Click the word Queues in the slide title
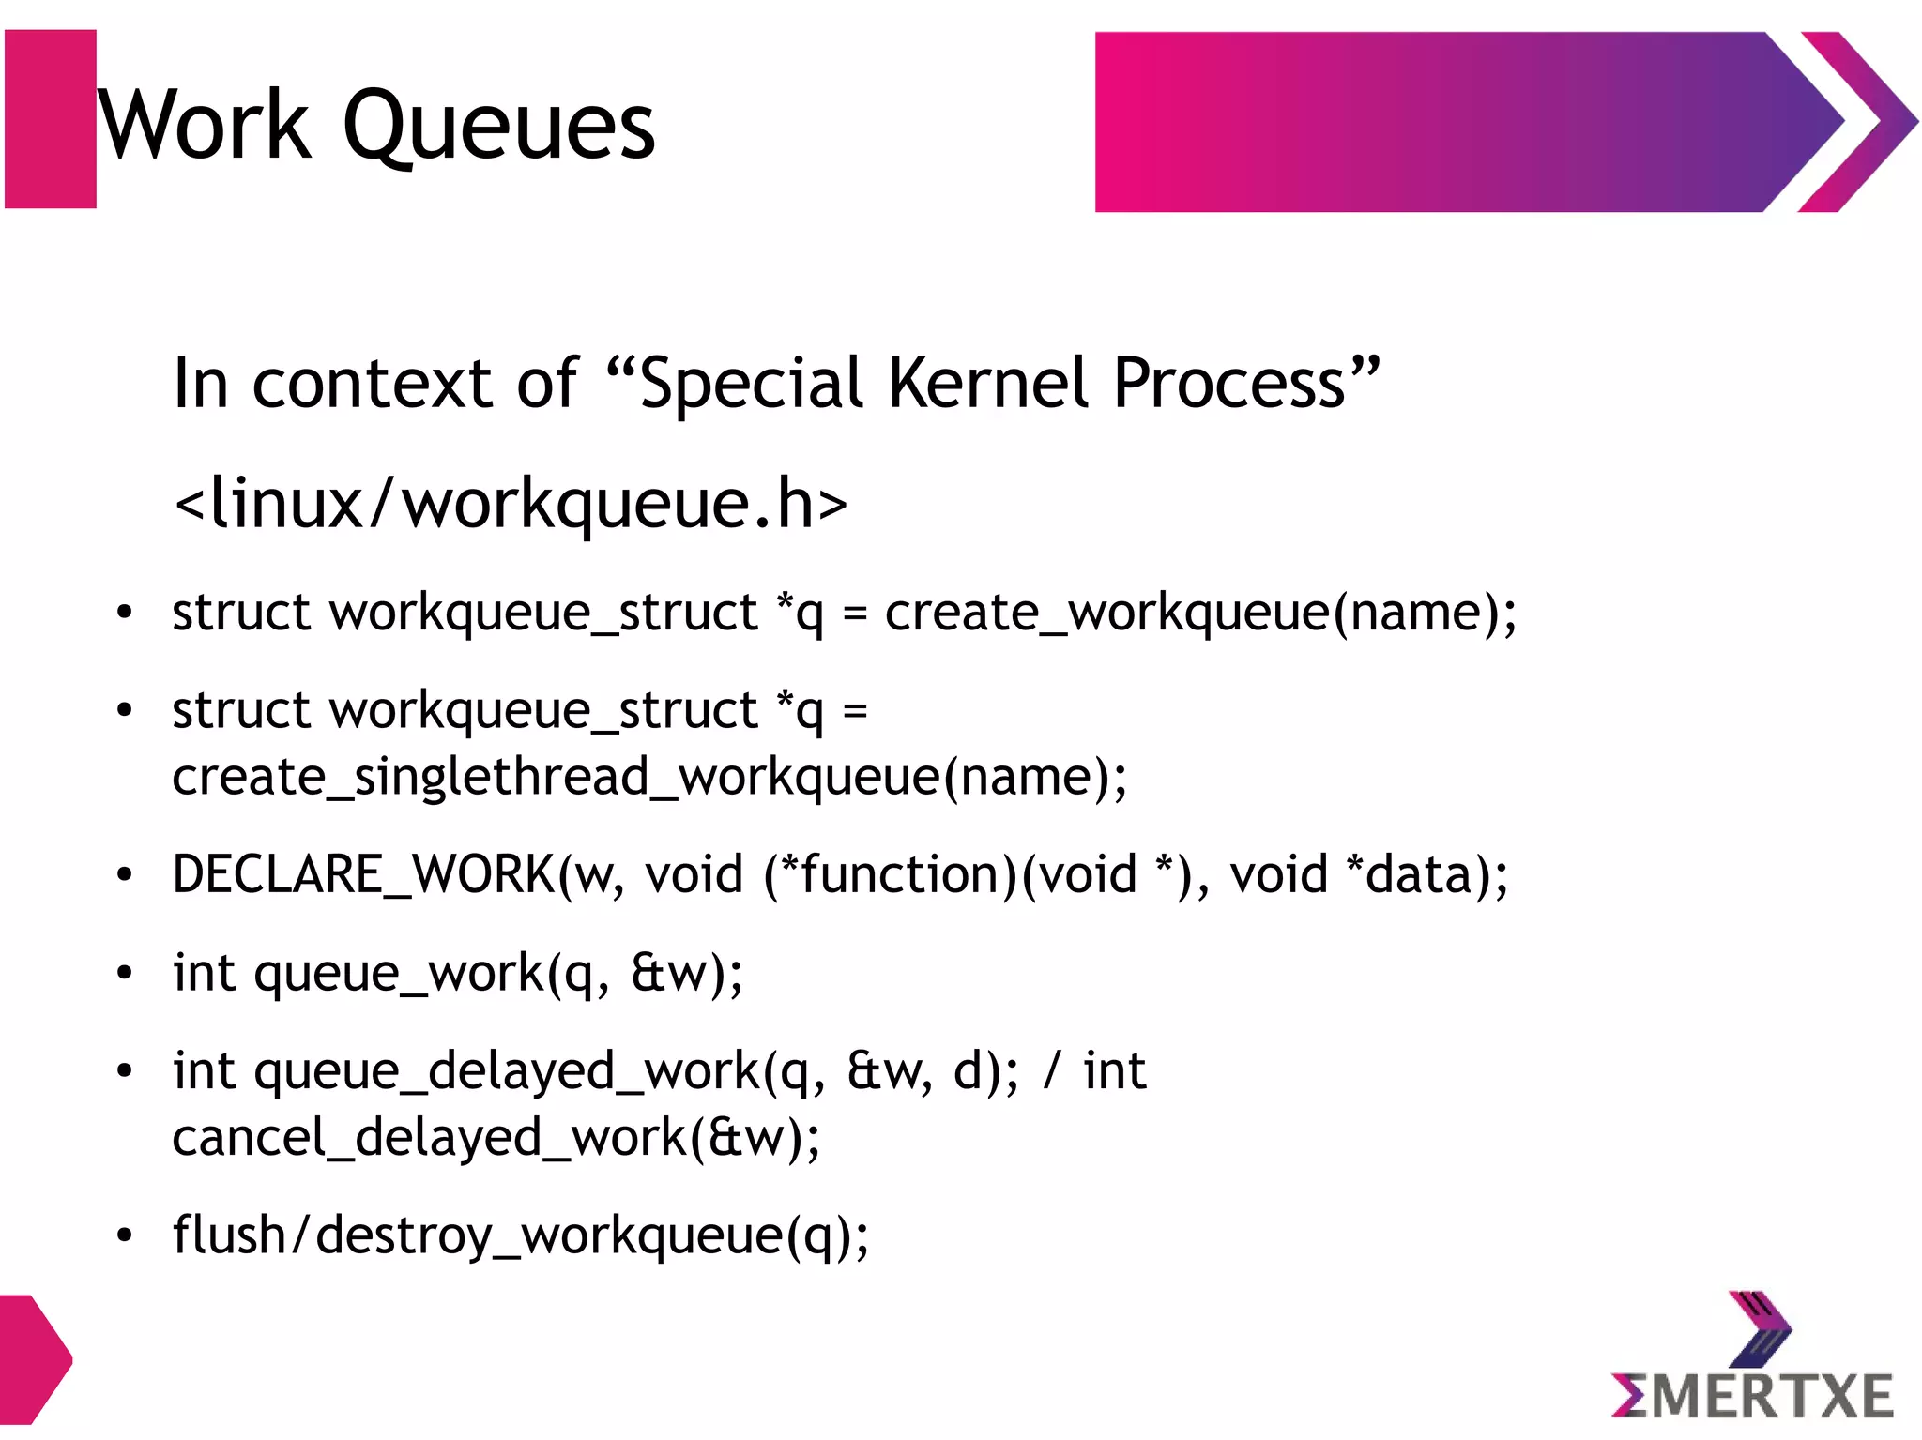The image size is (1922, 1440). [x=499, y=127]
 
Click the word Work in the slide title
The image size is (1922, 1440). [x=204, y=125]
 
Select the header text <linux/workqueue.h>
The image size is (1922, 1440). [x=511, y=503]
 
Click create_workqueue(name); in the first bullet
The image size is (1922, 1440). [x=1200, y=614]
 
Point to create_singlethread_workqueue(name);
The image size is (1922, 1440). [x=649, y=777]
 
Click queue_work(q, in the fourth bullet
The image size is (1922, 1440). [x=431, y=973]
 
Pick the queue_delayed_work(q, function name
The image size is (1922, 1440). [x=540, y=1070]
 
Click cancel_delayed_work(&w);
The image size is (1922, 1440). [x=496, y=1138]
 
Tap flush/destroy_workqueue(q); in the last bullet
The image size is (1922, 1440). [x=521, y=1235]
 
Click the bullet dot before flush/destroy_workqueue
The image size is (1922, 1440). [x=125, y=1235]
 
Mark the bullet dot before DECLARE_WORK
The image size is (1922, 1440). [x=125, y=875]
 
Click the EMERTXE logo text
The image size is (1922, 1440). [x=1752, y=1396]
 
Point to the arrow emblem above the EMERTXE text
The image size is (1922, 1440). [x=1758, y=1327]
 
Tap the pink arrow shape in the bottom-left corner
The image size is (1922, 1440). [x=32, y=1360]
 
